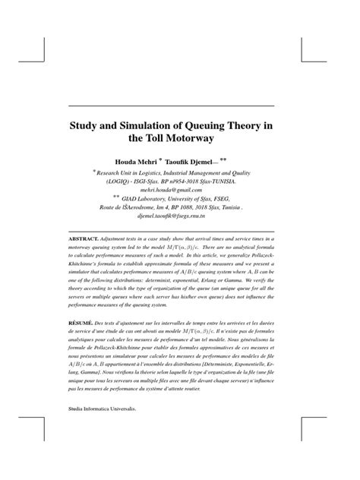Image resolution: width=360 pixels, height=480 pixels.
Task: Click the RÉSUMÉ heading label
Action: coord(81,323)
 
